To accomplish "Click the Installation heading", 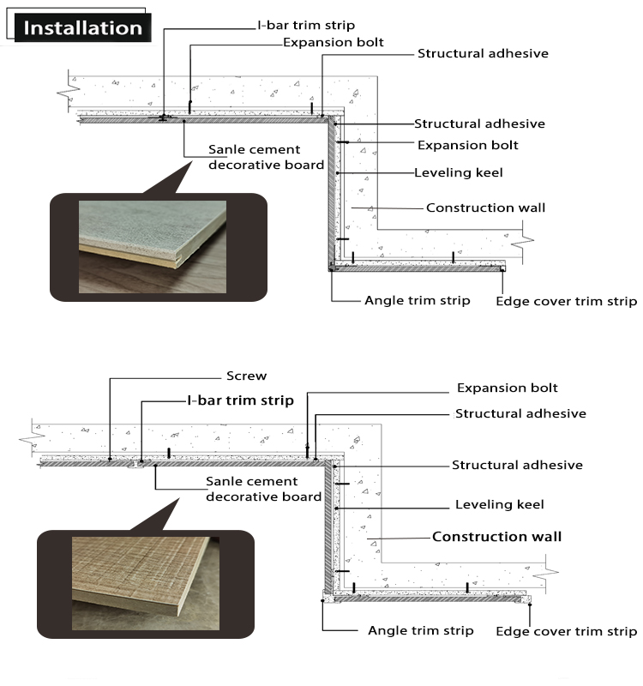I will coord(82,27).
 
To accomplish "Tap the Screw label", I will coord(246,376).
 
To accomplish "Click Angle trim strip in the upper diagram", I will coord(417,300).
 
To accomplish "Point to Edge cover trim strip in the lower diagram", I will coord(566,632).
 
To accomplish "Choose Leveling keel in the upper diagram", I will coord(458,172).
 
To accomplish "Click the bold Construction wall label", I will coord(496,537).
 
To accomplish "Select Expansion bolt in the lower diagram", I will coord(507,388).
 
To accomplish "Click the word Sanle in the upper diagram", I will coord(229,149).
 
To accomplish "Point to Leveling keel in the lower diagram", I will coord(499,504).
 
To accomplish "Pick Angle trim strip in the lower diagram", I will coord(420,630).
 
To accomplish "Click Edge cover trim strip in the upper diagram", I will coord(566,301).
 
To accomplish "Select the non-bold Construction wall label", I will coord(485,208).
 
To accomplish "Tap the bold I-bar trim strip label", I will coord(240,400).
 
